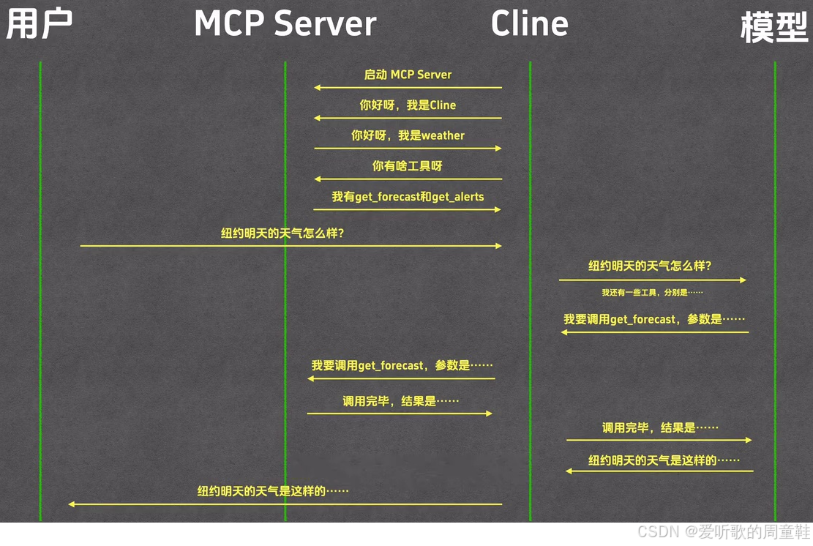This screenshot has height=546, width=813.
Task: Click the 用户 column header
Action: point(40,25)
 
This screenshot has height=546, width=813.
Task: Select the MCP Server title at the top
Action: point(285,24)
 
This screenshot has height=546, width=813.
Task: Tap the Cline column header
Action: point(529,24)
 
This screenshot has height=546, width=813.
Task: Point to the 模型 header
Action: point(773,27)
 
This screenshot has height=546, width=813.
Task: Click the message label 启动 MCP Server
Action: point(408,75)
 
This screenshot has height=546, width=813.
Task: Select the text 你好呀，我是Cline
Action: point(408,105)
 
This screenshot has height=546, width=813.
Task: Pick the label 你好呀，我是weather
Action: point(408,135)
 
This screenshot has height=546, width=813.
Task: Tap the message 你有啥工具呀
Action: point(408,166)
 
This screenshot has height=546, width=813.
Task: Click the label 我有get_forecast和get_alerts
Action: point(408,197)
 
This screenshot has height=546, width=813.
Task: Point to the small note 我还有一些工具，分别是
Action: point(652,292)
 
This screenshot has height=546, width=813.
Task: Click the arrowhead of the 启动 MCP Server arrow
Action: point(318,88)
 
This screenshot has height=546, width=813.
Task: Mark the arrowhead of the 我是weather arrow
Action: point(498,149)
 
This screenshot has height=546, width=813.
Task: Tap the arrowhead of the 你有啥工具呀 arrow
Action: point(318,179)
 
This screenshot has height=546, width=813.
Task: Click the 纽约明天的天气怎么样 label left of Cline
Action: point(282,233)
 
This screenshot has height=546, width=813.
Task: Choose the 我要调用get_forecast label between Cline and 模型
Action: point(653,319)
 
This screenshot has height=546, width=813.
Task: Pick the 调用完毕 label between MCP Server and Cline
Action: point(400,401)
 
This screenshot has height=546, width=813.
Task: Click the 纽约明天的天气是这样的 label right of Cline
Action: point(664,460)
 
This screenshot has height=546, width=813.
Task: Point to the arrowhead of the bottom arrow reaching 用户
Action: point(72,504)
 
